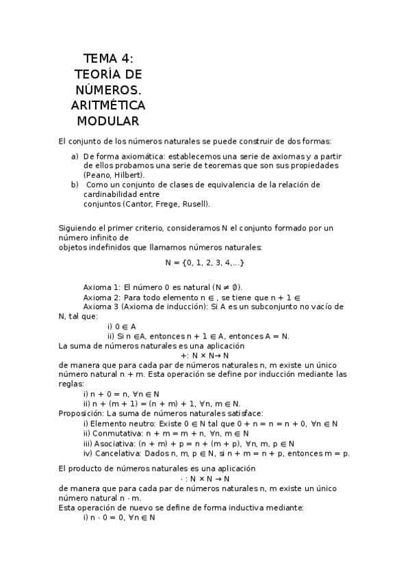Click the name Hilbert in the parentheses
click(127, 175)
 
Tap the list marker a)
click(75, 156)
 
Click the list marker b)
click(75, 185)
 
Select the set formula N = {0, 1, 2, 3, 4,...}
click(205, 263)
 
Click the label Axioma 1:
click(102, 287)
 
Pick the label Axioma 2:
click(102, 298)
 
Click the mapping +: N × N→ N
click(205, 355)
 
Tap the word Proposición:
click(80, 413)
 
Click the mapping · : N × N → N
click(205, 479)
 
